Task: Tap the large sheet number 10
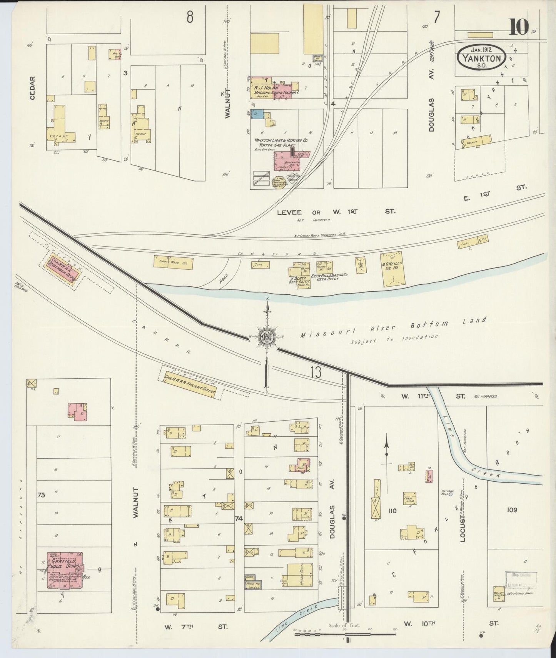point(519,27)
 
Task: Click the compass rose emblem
point(266,337)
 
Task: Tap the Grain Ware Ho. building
point(173,262)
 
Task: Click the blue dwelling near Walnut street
point(257,114)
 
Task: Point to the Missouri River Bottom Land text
point(392,327)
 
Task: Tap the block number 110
point(392,511)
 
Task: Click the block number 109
point(512,510)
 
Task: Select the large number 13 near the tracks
point(316,372)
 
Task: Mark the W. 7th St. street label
point(196,627)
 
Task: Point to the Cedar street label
point(32,88)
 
